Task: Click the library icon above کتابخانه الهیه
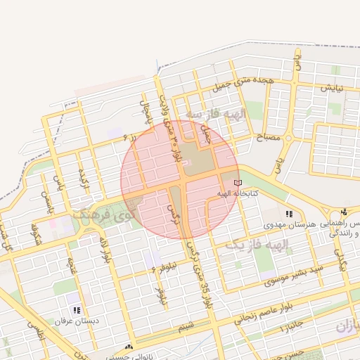pyautogui.click(x=236, y=183)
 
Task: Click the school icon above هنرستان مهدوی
pyautogui.click(x=288, y=214)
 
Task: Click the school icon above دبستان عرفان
pyautogui.click(x=77, y=310)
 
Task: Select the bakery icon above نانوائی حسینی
pyautogui.click(x=128, y=347)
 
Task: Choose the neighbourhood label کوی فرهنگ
pyautogui.click(x=106, y=213)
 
